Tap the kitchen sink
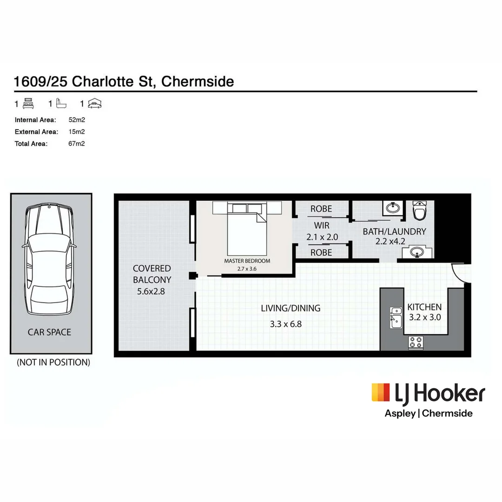pos(396,318)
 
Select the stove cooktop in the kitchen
pos(416,343)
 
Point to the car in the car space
pos(49,260)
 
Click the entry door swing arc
pos(460,274)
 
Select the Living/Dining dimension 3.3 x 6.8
pos(286,324)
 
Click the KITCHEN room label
pos(424,307)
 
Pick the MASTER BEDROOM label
pos(247,261)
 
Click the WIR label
pos(321,226)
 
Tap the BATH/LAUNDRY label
pos(395,231)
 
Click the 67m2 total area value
pos(76,144)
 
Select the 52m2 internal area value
pos(76,119)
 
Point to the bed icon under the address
pos(28,104)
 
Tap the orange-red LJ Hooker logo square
pos(381,392)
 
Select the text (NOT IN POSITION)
pos(53,362)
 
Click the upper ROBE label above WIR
pos(321,209)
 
